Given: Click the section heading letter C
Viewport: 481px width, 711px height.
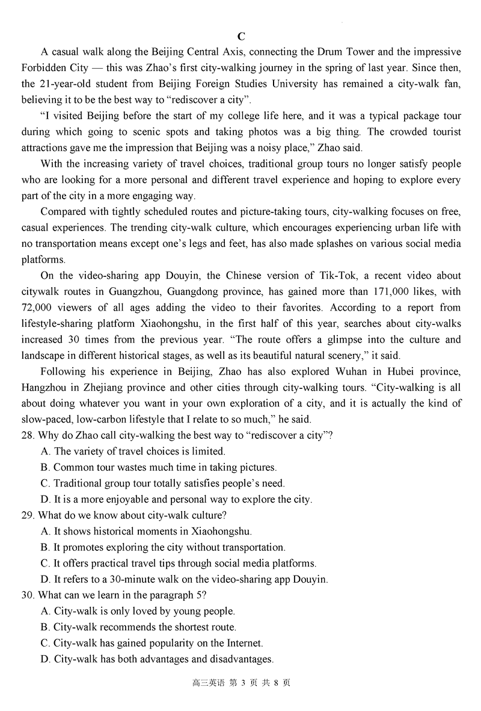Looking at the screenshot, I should tap(241, 36).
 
